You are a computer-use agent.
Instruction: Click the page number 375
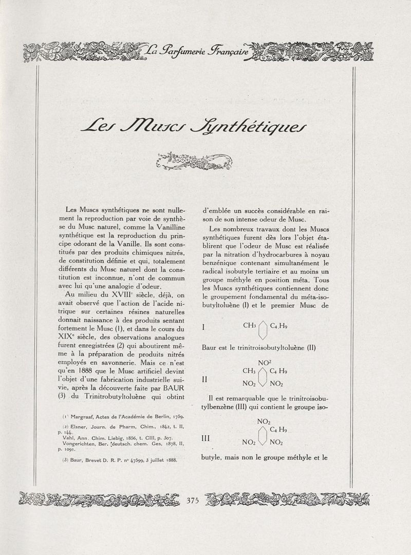(193, 501)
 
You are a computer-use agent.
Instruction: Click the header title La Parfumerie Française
(196, 51)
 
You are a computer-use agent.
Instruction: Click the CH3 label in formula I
(250, 325)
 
